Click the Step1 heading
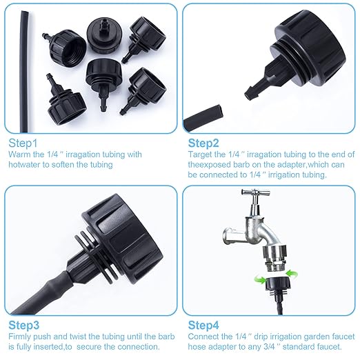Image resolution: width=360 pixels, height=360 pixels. click(x=23, y=143)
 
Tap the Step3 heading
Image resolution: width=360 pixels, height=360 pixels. click(x=23, y=323)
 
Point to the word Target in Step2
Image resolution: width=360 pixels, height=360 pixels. click(x=201, y=154)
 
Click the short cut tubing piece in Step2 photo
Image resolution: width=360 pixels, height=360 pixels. click(x=205, y=114)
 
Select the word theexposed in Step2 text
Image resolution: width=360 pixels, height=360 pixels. click(x=210, y=165)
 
